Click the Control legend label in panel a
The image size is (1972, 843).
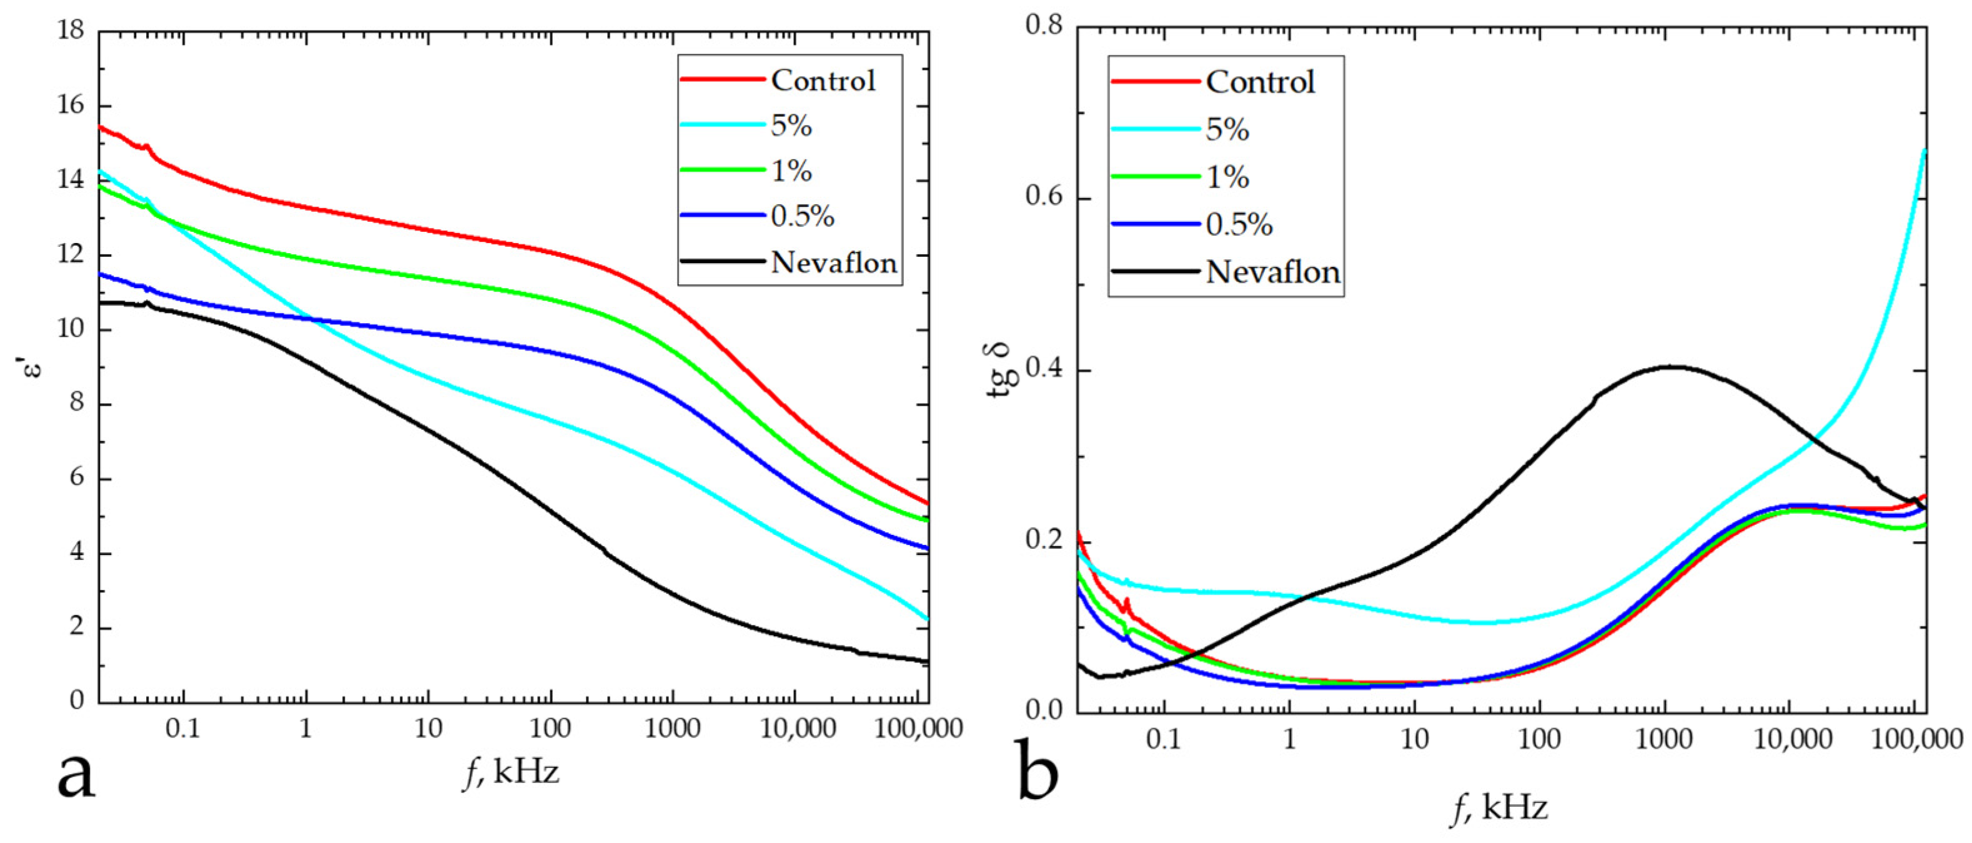point(823,81)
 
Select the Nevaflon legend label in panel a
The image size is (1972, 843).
point(834,262)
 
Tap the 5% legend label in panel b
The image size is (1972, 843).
point(1227,129)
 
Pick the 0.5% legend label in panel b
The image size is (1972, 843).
point(1239,224)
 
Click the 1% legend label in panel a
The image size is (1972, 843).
point(791,171)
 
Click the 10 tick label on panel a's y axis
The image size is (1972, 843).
point(71,330)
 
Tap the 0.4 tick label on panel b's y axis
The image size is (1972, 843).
point(1046,371)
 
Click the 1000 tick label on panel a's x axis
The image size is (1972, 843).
point(673,728)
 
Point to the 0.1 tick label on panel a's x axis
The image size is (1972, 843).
point(182,728)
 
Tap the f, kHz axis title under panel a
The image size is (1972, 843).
point(512,772)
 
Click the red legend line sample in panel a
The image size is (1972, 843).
point(723,79)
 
